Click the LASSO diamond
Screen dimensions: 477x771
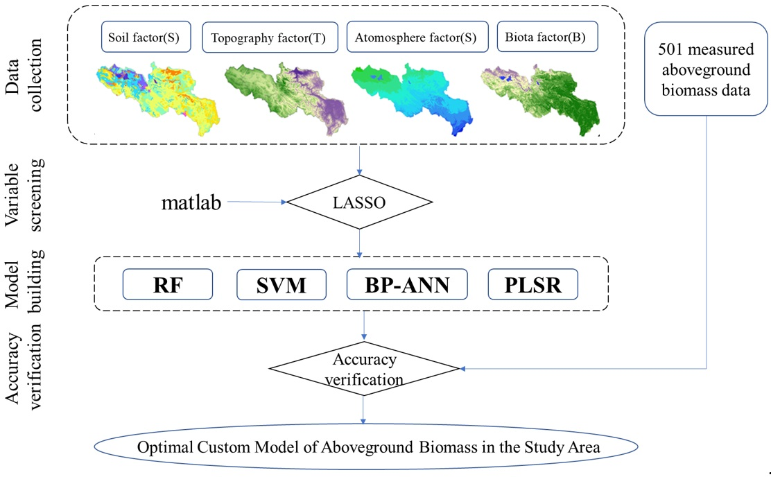pos(360,202)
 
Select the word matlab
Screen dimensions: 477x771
pos(192,202)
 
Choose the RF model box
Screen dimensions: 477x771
pos(168,284)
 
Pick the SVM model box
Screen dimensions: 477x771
pos(281,284)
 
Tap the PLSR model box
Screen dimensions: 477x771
pos(532,284)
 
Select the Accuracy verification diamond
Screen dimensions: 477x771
pos(364,369)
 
